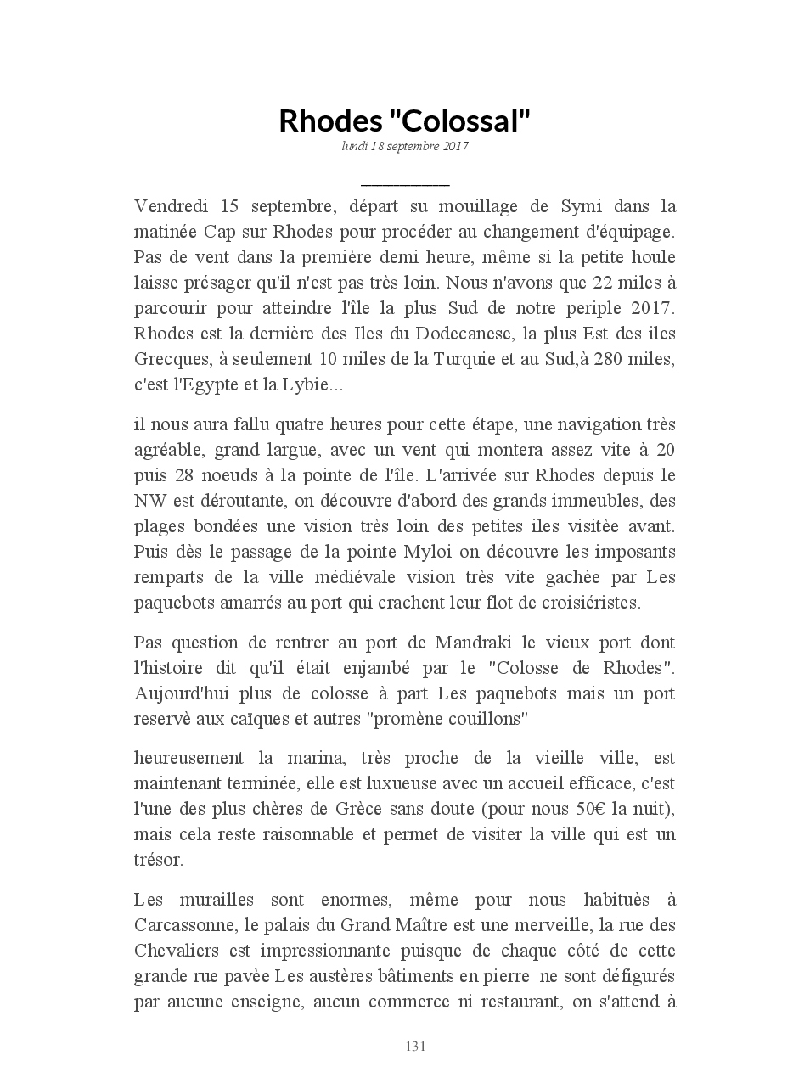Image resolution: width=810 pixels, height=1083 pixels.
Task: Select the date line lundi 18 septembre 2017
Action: pyautogui.click(x=405, y=146)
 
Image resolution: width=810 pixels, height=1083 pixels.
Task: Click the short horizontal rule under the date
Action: pyautogui.click(x=405, y=183)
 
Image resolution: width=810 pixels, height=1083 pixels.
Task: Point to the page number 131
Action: pyautogui.click(x=415, y=1046)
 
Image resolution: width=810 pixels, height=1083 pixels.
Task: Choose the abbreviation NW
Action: pyautogui.click(x=149, y=501)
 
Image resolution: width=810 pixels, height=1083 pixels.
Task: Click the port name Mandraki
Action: pyautogui.click(x=476, y=643)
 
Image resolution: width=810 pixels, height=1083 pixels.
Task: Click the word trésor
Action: pyautogui.click(x=158, y=860)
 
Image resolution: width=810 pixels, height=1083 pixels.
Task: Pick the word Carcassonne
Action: pyautogui.click(x=187, y=925)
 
